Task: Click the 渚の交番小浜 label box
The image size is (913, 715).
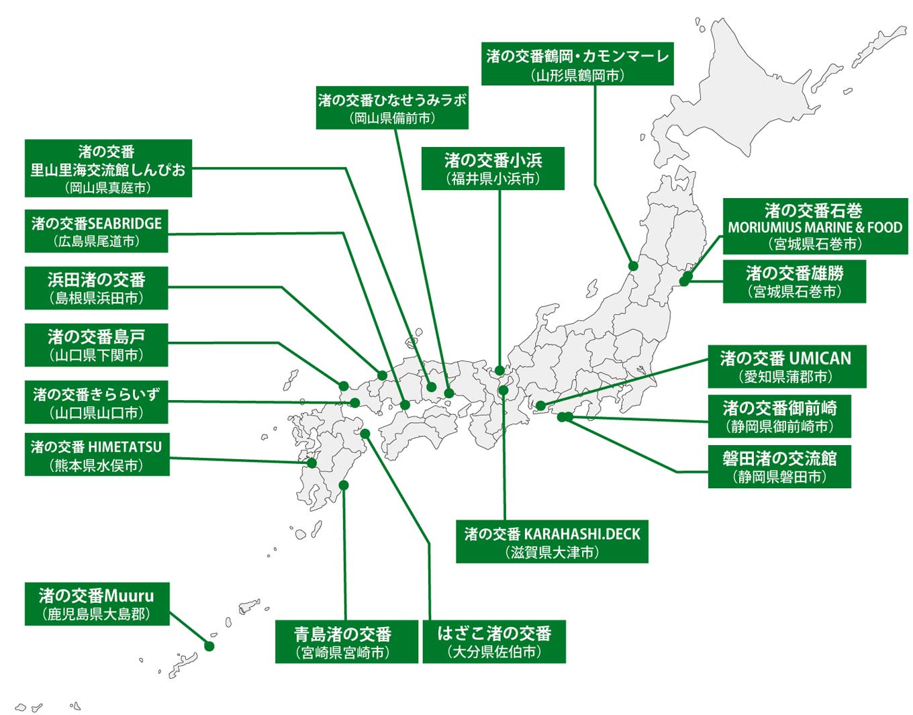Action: point(493,169)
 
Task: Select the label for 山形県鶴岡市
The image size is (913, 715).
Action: point(577,64)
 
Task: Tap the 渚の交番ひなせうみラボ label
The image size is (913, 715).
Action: point(392,108)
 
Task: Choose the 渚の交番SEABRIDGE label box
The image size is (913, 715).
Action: point(96,232)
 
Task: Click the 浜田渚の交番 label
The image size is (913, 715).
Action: point(96,289)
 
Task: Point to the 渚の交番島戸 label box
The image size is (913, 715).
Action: point(96,345)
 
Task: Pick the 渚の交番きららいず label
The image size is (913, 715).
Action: point(96,403)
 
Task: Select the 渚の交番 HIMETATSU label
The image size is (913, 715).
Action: point(96,455)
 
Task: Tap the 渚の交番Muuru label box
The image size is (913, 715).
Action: point(96,604)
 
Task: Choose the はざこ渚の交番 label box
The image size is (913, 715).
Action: point(494,642)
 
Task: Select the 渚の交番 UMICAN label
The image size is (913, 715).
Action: point(786,367)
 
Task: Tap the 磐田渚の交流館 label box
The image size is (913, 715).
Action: point(779,467)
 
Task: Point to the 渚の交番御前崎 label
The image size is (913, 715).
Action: point(779,416)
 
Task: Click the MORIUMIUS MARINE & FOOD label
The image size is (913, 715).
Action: point(815,227)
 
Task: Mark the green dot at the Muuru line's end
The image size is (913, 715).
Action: point(209,647)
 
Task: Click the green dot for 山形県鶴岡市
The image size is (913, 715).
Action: point(632,266)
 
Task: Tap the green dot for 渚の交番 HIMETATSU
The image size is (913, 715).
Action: point(312,463)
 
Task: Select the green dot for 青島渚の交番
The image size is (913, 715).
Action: point(344,485)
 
